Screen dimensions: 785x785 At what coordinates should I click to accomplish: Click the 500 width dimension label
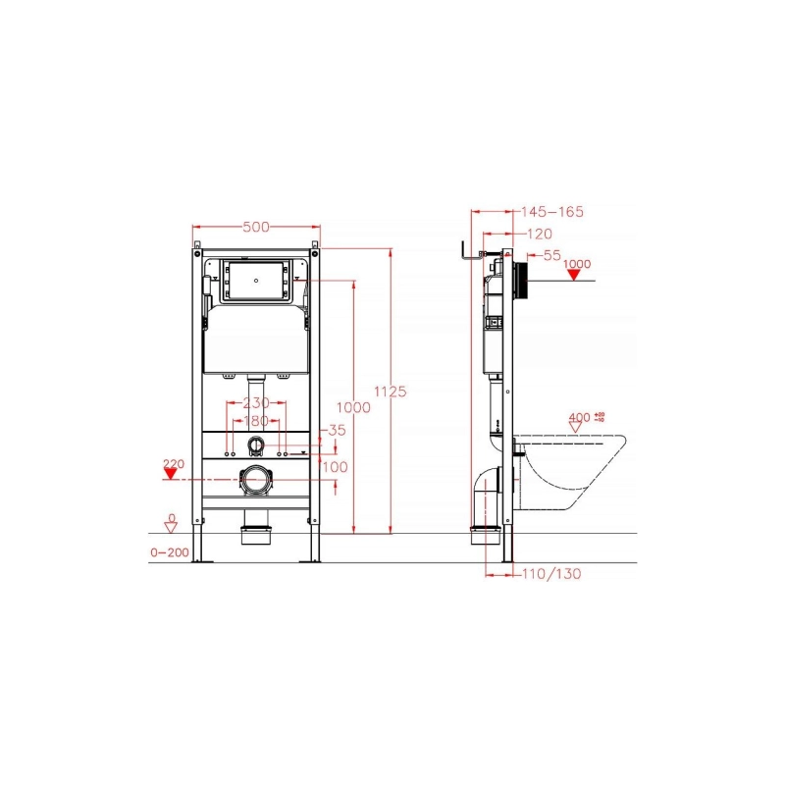point(256,228)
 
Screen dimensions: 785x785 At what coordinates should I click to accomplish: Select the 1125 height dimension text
point(391,391)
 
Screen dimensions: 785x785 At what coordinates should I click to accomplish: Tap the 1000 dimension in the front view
point(353,407)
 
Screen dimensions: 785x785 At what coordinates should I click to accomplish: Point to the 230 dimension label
point(256,403)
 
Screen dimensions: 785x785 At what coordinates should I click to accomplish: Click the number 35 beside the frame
point(337,430)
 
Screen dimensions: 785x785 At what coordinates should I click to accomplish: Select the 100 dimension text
point(336,467)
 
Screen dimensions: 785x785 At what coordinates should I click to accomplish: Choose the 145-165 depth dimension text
point(551,211)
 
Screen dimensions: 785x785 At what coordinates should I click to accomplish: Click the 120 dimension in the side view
point(540,234)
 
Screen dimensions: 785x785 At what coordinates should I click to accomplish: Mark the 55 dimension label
point(551,255)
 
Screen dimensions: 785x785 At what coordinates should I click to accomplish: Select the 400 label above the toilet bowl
point(579,418)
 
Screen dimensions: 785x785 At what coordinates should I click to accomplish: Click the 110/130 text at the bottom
point(550,573)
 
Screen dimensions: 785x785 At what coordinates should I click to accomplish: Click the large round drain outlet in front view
point(256,481)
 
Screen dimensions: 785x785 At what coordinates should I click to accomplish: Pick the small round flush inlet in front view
point(256,445)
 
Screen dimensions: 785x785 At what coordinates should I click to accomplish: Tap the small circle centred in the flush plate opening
point(256,279)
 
